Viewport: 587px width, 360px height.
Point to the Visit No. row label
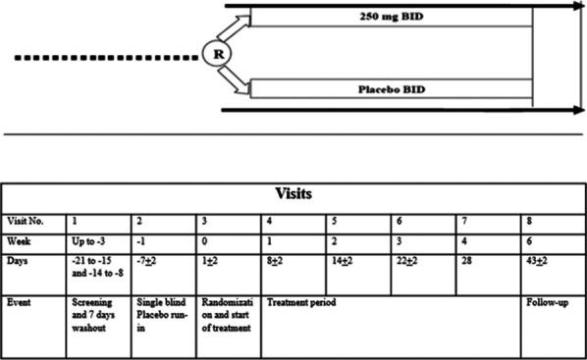tap(32, 222)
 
